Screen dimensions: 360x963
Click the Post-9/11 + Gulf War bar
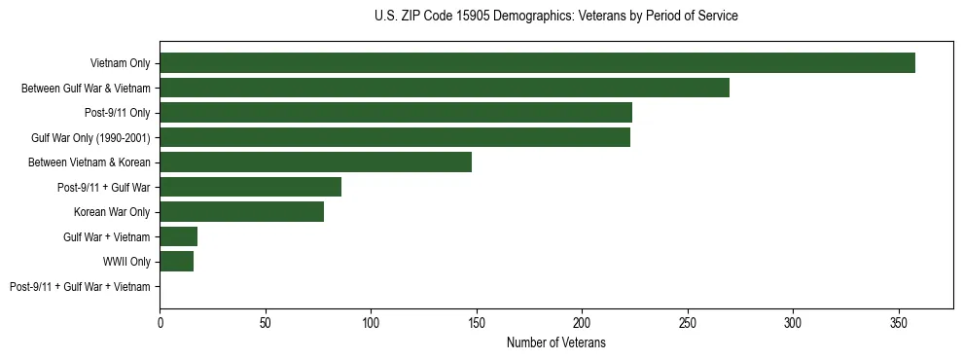[250, 187]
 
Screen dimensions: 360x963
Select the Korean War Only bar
[241, 211]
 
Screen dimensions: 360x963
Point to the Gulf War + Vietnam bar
[178, 236]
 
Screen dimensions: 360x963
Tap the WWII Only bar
[176, 261]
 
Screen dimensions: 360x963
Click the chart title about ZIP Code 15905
[555, 17]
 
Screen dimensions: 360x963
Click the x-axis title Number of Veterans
[555, 342]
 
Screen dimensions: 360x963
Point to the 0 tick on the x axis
[160, 321]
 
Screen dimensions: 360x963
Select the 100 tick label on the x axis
[371, 321]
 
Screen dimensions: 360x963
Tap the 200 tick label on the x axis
[582, 321]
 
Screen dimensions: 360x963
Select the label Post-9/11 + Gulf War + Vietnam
[80, 286]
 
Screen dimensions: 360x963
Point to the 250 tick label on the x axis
[687, 321]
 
